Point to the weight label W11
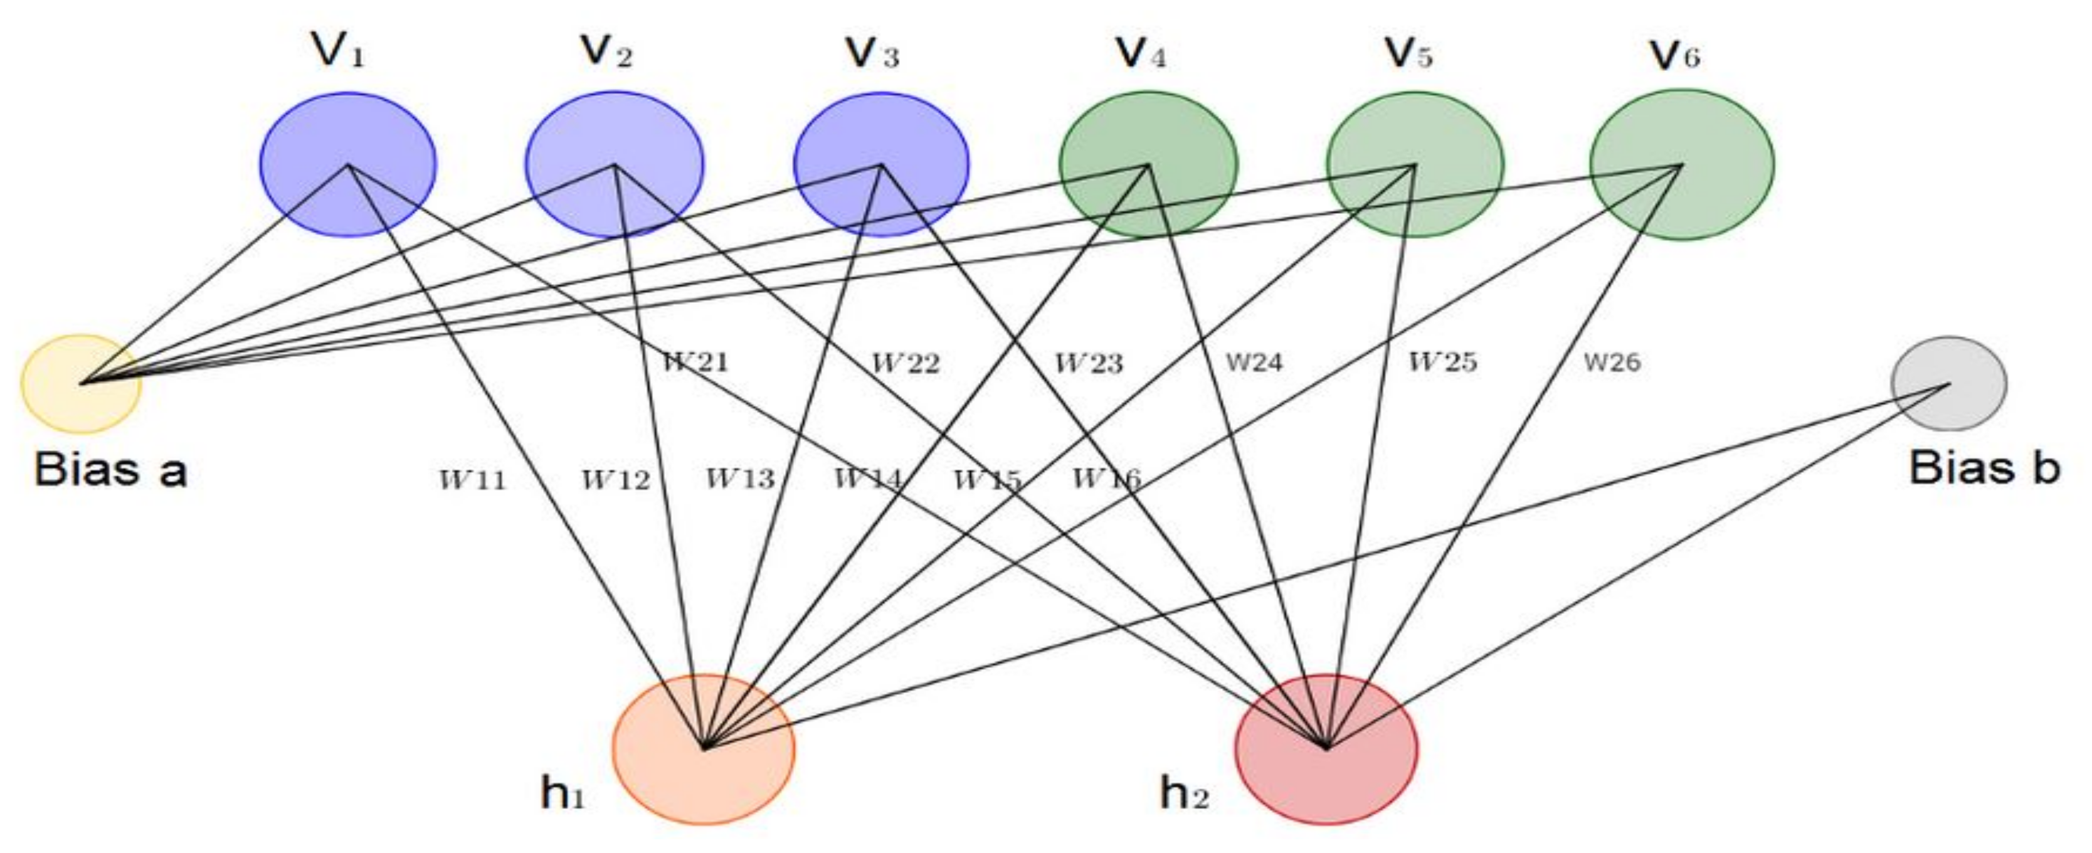pyautogui.click(x=473, y=480)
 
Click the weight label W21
pyautogui.click(x=696, y=361)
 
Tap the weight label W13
pyautogui.click(x=740, y=479)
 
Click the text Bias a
pyautogui.click(x=110, y=470)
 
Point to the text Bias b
pyautogui.click(x=1984, y=468)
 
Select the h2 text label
pyautogui.click(x=1184, y=793)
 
